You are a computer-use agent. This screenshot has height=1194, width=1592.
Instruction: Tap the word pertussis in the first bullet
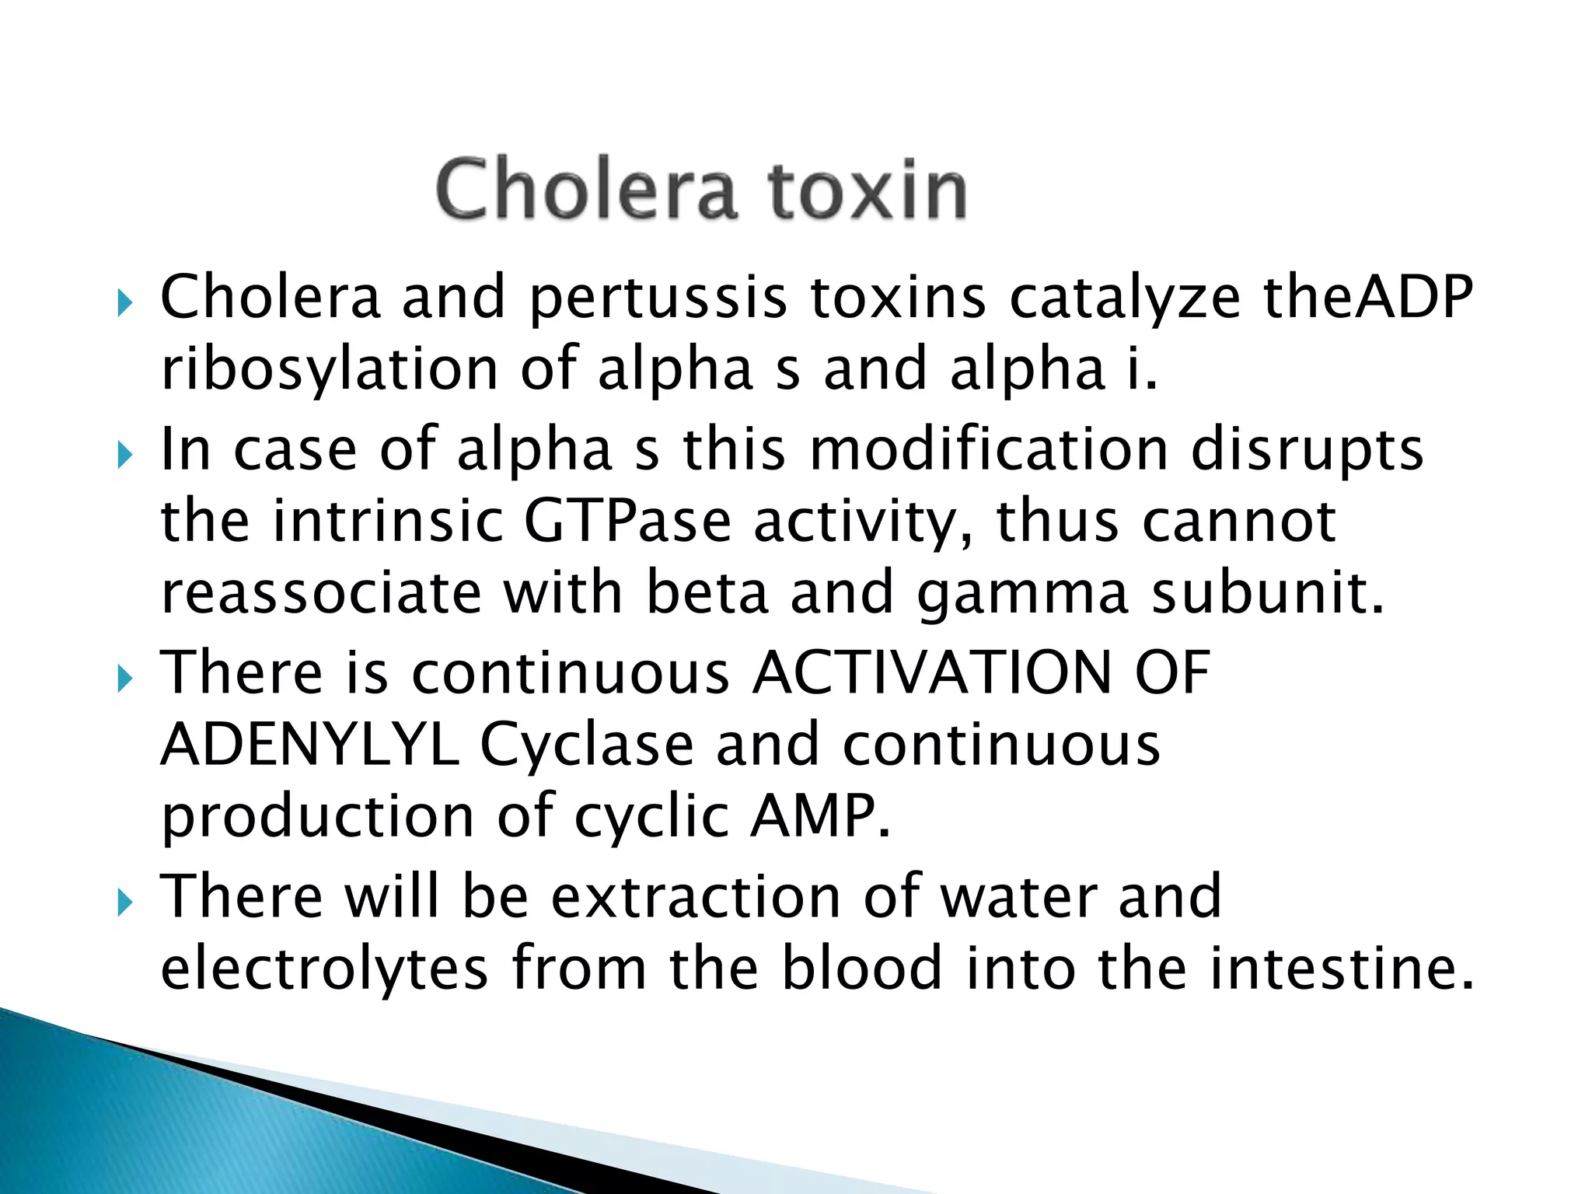pos(658,298)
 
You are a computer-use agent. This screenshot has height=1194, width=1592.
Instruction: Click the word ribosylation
pos(330,369)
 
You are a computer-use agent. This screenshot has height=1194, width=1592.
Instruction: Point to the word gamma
pos(1022,593)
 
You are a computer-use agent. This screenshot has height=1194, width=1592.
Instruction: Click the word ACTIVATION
pos(933,672)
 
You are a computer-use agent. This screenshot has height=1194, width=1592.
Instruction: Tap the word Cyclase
pos(587,745)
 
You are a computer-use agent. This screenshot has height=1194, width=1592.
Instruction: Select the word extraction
pos(696,896)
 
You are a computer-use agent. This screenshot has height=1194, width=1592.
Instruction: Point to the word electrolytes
pos(324,968)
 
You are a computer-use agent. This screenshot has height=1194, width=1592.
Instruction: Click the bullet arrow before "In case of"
pos(124,456)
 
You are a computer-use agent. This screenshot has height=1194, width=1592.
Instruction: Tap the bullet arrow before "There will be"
pos(124,902)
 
